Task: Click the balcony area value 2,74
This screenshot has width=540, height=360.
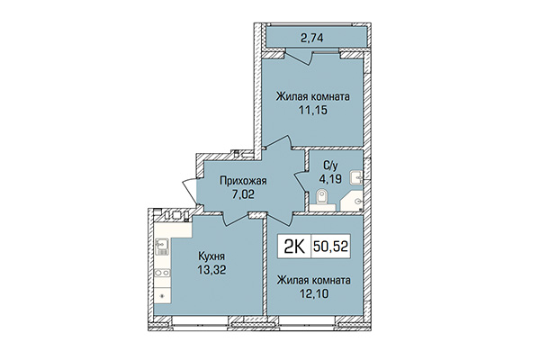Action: pos(314,37)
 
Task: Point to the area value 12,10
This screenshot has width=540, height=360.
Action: pos(314,295)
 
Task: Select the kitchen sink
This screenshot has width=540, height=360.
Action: pos(162,244)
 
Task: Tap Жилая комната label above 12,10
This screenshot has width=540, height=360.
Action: pos(314,282)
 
